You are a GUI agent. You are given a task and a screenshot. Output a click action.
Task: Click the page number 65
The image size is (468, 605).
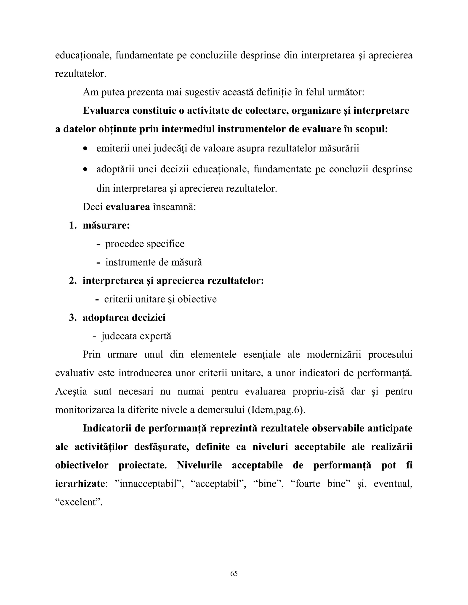point(234,573)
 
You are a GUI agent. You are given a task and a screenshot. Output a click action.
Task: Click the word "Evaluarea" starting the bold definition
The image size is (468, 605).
point(106,110)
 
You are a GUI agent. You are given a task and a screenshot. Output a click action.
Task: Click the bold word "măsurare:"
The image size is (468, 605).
point(106,226)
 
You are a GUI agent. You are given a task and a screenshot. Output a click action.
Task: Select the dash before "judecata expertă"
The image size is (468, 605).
point(95,336)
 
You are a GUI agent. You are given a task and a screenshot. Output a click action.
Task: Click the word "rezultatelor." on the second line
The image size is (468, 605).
point(81,74)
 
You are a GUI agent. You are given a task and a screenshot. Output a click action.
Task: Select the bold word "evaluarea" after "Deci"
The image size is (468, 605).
point(128,207)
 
